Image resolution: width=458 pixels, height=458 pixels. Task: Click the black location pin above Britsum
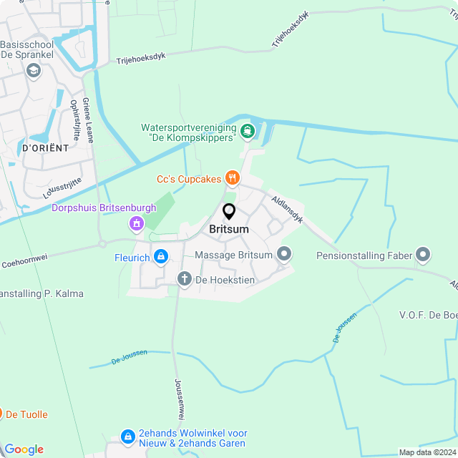[229, 211]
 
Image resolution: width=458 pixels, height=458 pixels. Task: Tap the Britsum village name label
[229, 229]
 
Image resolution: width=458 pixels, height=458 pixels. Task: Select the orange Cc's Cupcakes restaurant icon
[232, 177]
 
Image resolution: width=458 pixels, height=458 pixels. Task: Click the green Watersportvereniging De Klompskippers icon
[248, 130]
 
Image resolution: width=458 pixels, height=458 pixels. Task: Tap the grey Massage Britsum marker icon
[285, 254]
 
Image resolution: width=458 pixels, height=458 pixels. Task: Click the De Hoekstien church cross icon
[185, 279]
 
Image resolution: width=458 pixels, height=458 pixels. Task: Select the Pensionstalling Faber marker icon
[423, 254]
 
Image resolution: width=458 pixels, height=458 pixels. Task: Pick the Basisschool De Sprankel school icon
[33, 70]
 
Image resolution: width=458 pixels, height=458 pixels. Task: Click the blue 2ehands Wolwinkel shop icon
[128, 436]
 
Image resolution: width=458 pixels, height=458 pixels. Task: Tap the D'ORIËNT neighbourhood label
[45, 148]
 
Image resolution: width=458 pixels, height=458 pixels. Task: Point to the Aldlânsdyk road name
[287, 208]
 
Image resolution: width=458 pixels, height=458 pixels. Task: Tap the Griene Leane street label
[88, 120]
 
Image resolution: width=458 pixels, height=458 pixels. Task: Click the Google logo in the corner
[24, 449]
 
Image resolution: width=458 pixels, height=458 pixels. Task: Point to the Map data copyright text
[427, 452]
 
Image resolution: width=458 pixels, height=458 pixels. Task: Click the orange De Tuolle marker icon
[1, 414]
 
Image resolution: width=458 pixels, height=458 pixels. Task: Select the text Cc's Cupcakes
[189, 179]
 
